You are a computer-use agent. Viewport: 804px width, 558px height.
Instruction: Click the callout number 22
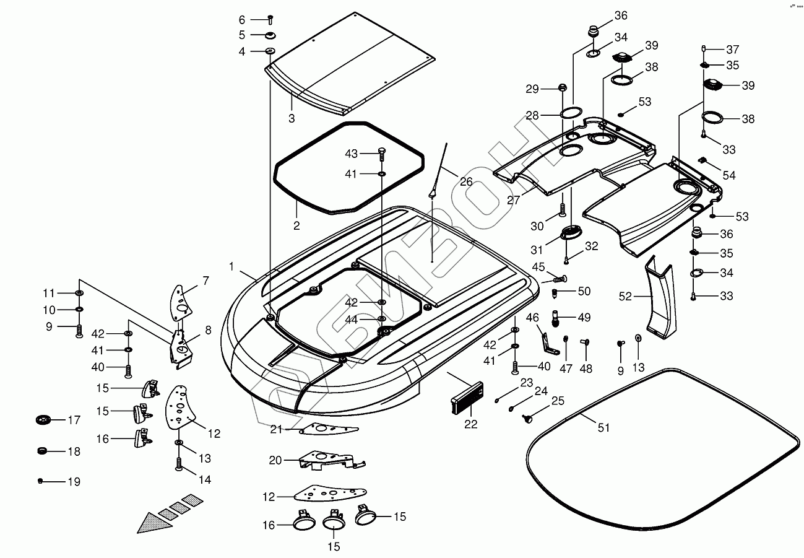470,424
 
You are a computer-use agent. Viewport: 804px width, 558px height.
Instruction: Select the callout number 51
603,427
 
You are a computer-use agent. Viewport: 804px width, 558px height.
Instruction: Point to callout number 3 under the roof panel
292,117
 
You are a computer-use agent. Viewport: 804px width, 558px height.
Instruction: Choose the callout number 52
626,297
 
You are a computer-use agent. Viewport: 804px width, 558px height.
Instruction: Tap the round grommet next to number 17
42,421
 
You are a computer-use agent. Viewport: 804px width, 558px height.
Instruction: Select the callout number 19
73,482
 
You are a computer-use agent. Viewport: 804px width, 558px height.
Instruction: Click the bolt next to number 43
381,153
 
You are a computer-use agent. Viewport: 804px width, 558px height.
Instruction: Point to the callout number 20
275,460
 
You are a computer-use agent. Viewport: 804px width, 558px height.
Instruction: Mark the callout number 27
513,200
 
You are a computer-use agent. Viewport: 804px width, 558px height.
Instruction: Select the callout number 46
532,318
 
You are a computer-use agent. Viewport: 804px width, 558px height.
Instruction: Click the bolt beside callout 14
179,463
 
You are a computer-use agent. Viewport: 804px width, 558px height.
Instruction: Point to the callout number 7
206,281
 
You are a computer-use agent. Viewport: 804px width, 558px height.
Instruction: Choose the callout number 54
728,175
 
